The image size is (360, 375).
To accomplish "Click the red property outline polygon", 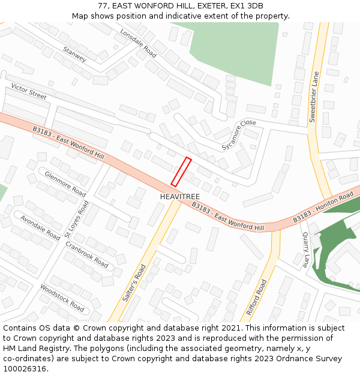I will point(181,172).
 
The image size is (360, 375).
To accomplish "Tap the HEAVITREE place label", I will point(180,197).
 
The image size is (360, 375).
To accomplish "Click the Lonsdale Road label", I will point(138,43).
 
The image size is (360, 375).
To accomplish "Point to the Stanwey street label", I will point(74,54).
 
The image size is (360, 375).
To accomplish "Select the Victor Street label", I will point(29,92).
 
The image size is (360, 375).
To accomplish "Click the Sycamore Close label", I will point(239,135).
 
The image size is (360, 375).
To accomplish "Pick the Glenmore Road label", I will point(65,184).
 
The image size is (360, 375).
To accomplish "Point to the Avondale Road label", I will point(41,227).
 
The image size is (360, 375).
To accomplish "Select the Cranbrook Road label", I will point(86,255).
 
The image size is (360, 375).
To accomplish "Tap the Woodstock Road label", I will point(62,297).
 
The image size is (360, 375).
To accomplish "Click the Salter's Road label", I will point(134,283).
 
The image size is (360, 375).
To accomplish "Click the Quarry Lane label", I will point(306,250).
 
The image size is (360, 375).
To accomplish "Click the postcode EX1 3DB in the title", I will point(247,5).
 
